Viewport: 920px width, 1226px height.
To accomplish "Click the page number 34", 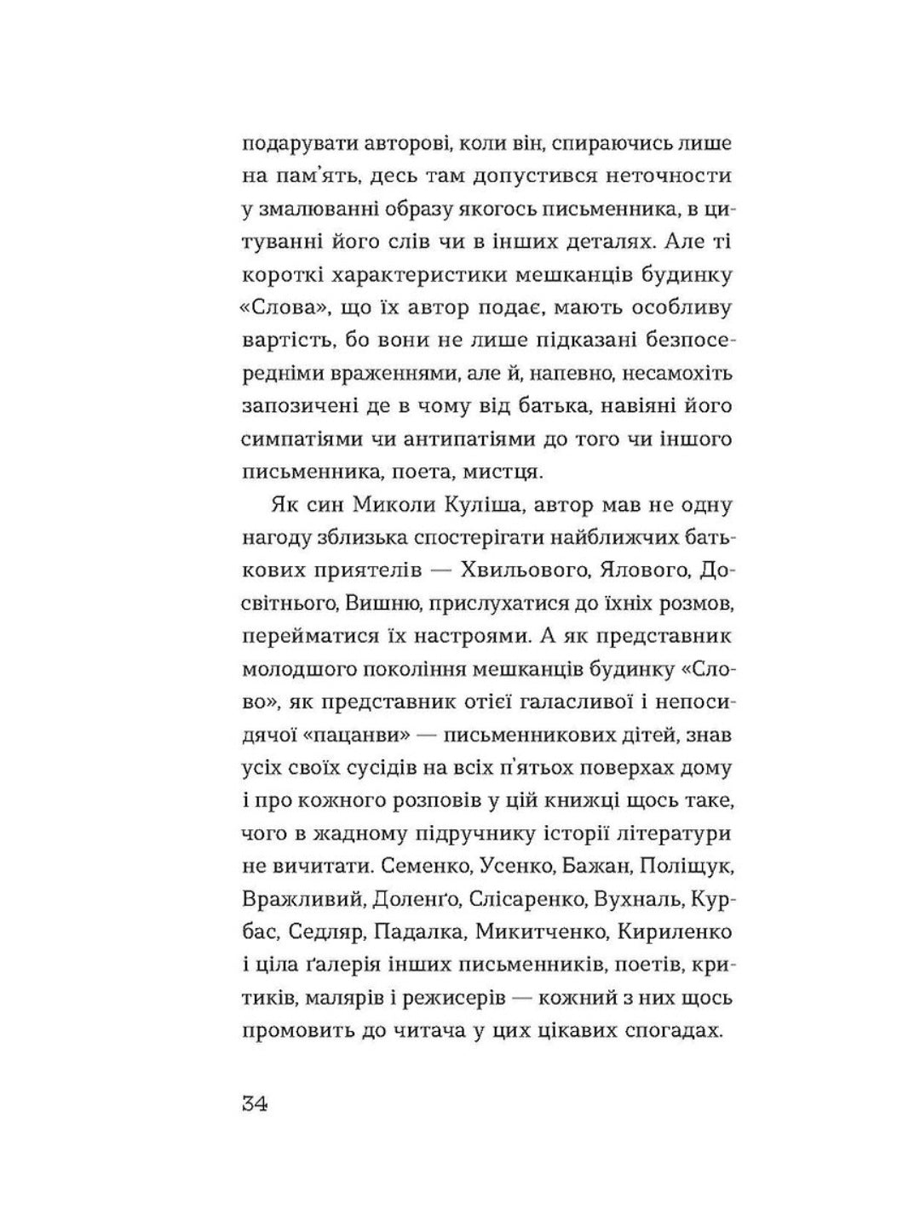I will coord(255,1105).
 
